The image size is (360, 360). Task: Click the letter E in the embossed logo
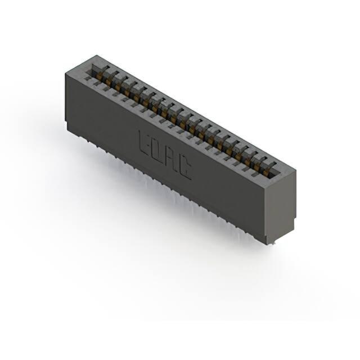[x=144, y=142]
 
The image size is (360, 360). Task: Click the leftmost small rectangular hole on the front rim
[x=87, y=79]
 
